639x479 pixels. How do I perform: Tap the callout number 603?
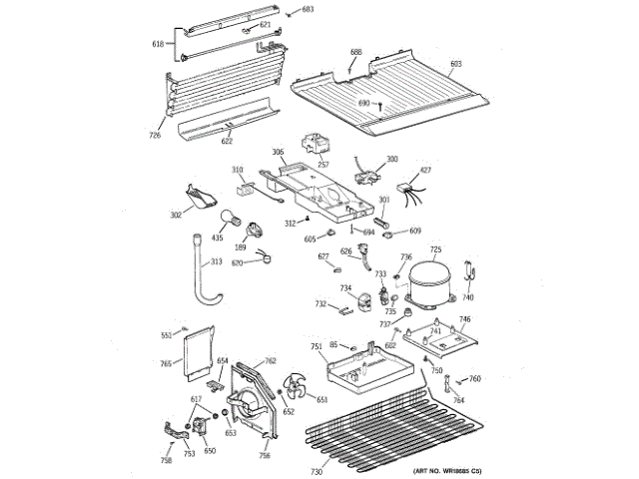[x=456, y=65]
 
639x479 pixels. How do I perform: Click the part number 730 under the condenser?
[x=317, y=471]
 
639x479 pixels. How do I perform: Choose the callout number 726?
[x=155, y=134]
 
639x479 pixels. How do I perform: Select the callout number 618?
[x=157, y=44]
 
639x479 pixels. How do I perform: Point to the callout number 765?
[x=167, y=363]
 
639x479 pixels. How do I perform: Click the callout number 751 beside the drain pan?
[x=316, y=346]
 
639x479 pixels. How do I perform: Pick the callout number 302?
[x=176, y=214]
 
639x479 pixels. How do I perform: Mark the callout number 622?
[x=228, y=142]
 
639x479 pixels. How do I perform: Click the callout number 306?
[x=279, y=155]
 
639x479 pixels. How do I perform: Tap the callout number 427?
[x=424, y=171]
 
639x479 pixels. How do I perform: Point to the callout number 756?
[x=265, y=455]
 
